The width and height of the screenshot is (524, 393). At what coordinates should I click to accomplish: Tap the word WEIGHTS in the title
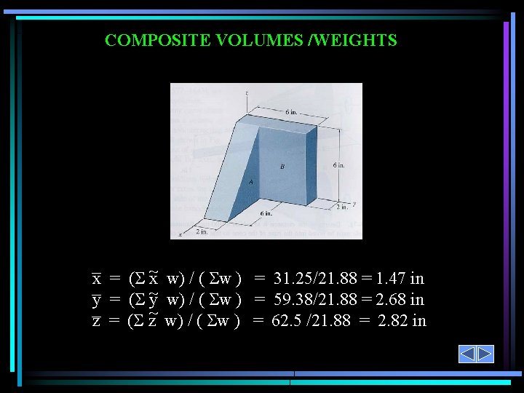tap(357, 40)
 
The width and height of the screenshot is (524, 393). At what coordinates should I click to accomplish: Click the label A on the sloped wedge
tap(251, 183)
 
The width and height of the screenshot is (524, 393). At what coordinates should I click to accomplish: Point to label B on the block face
tap(282, 167)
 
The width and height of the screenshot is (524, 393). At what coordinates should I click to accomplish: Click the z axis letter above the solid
tap(247, 93)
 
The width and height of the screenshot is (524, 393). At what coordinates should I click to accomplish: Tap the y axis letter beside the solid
tap(354, 204)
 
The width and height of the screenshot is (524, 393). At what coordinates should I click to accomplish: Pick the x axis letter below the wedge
tap(180, 235)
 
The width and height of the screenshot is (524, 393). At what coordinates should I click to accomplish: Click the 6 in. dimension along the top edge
tap(291, 112)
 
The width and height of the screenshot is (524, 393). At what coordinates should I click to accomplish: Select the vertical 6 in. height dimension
tap(339, 165)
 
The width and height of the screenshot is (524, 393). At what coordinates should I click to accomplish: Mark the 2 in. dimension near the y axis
tap(342, 207)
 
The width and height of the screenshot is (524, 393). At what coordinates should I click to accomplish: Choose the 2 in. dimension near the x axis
tap(202, 232)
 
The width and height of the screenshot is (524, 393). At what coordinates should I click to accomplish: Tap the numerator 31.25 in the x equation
tap(293, 278)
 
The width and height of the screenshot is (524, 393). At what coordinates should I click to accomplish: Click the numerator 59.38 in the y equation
tap(293, 299)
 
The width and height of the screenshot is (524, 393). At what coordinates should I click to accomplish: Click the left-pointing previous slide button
tap(467, 354)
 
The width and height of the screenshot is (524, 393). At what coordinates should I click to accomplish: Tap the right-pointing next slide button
tap(485, 354)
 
